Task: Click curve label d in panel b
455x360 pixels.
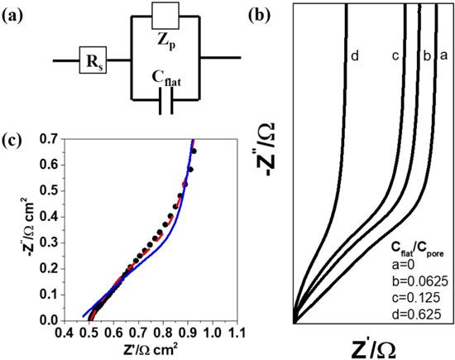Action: coord(354,57)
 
